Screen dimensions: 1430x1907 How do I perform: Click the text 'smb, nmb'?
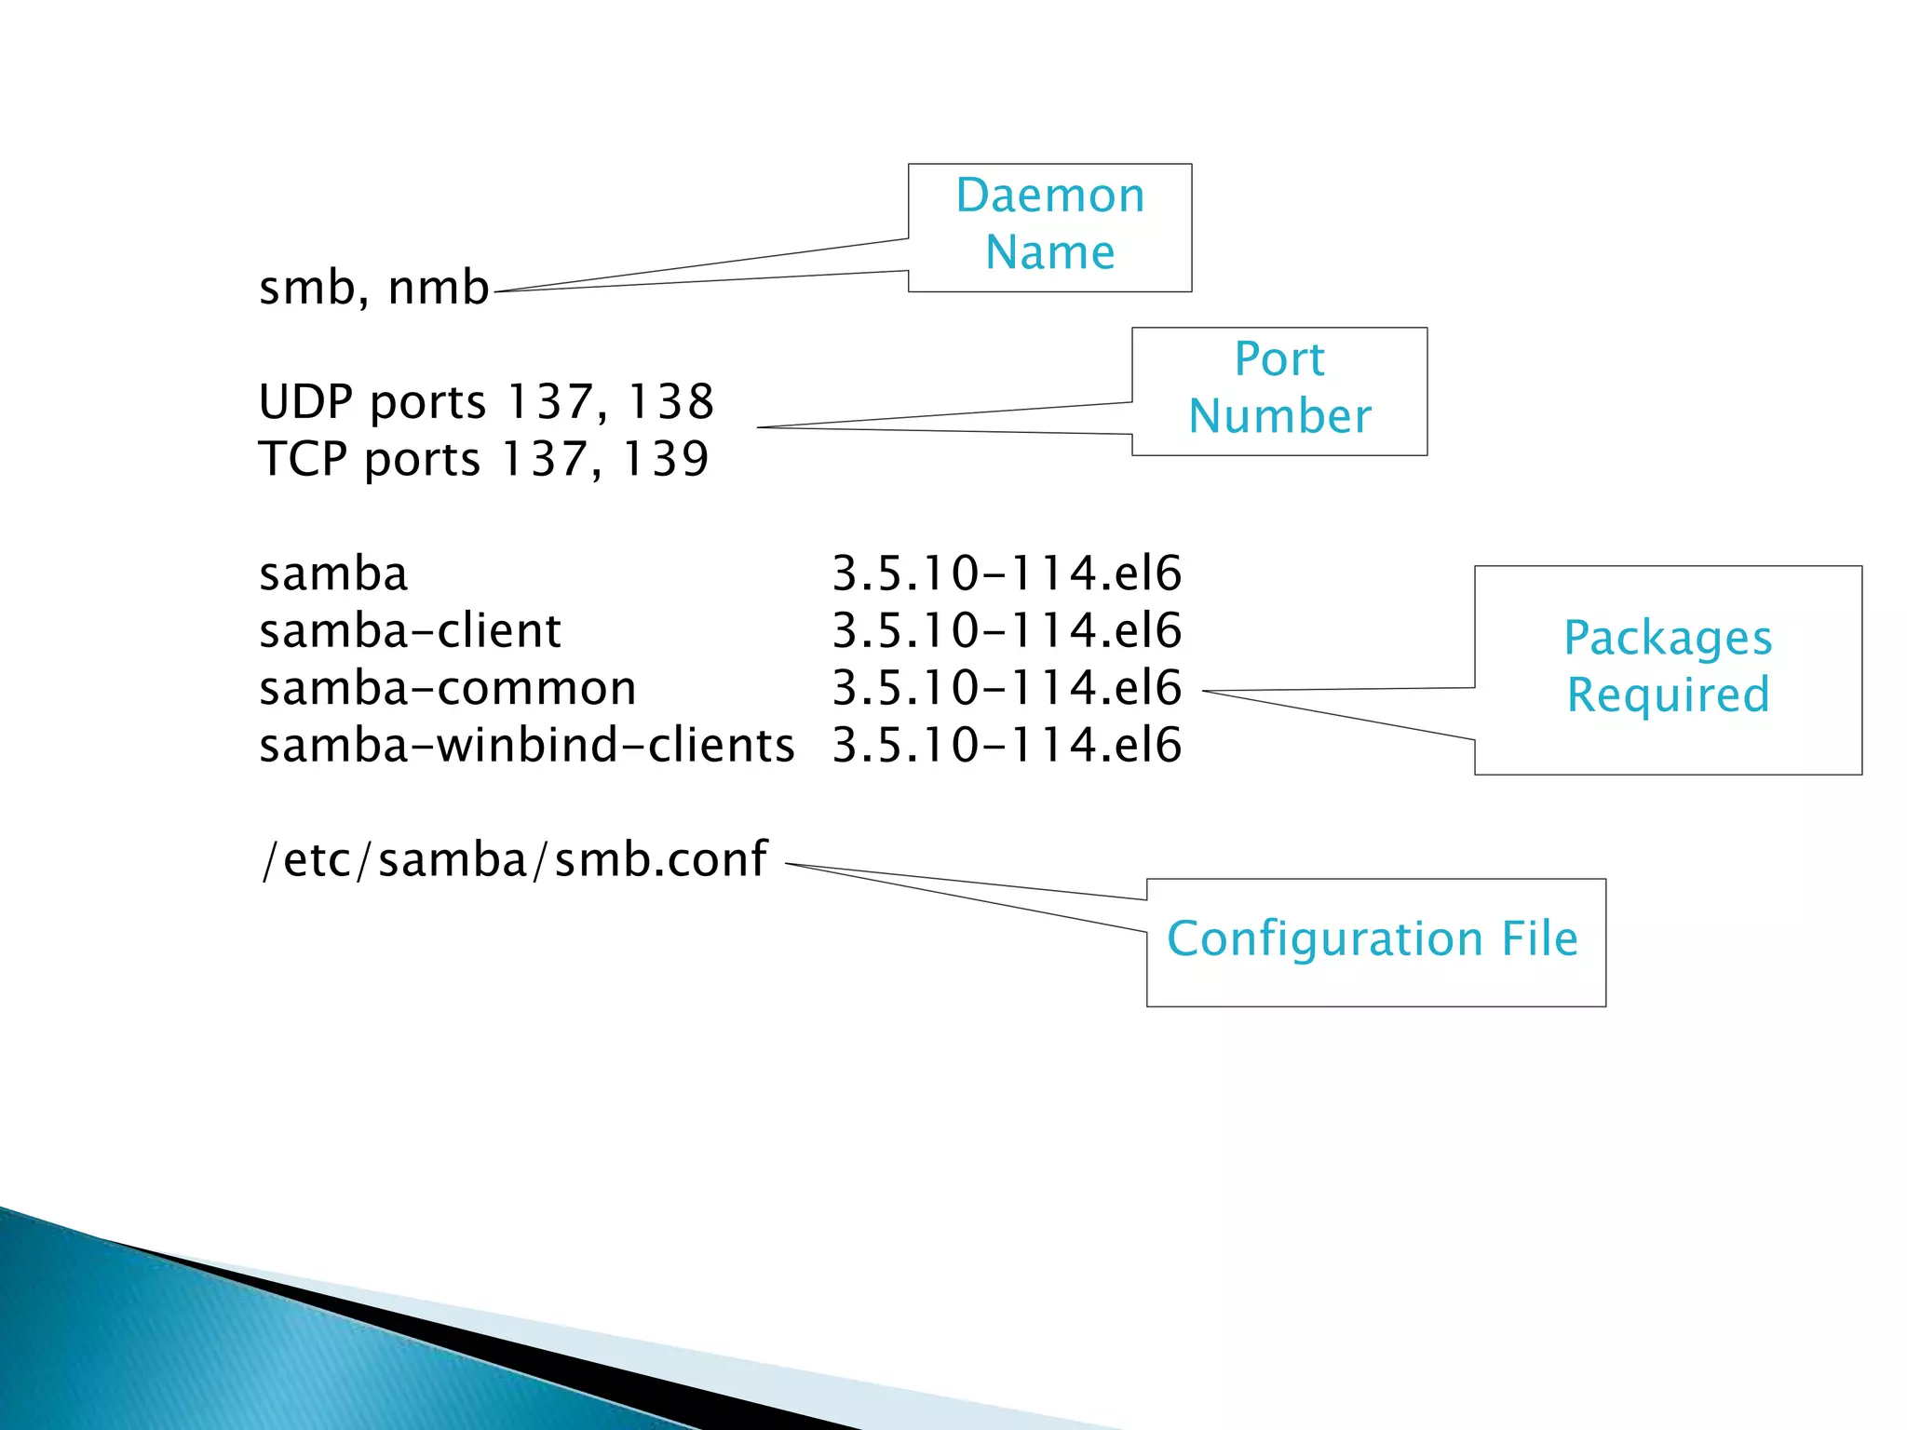tap(373, 287)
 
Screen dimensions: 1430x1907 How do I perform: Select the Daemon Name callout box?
tap(1049, 227)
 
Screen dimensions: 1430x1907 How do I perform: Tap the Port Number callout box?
tap(1278, 390)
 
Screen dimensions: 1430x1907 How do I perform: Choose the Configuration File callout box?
tap(1375, 941)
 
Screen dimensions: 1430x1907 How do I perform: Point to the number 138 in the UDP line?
tap(670, 402)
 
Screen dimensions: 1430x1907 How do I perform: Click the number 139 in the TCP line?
tap(665, 459)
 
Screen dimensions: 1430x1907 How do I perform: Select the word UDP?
tap(305, 402)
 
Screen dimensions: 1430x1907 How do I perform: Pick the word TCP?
tap(302, 459)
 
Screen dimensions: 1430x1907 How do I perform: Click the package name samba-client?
tap(410, 631)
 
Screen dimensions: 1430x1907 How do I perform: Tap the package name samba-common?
tap(447, 689)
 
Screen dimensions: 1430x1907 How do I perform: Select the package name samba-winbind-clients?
tap(526, 746)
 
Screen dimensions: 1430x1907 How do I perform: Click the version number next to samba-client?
tap(1006, 631)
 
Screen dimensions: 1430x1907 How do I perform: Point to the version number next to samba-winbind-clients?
tap(1006, 746)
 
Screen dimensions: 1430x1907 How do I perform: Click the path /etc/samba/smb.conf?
tap(514, 859)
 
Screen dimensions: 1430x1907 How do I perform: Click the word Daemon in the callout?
tap(1049, 196)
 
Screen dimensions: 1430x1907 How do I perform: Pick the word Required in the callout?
tap(1668, 695)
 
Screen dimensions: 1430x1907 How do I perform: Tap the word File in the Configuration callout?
tap(1539, 938)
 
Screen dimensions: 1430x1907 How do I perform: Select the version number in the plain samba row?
tap(1006, 573)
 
